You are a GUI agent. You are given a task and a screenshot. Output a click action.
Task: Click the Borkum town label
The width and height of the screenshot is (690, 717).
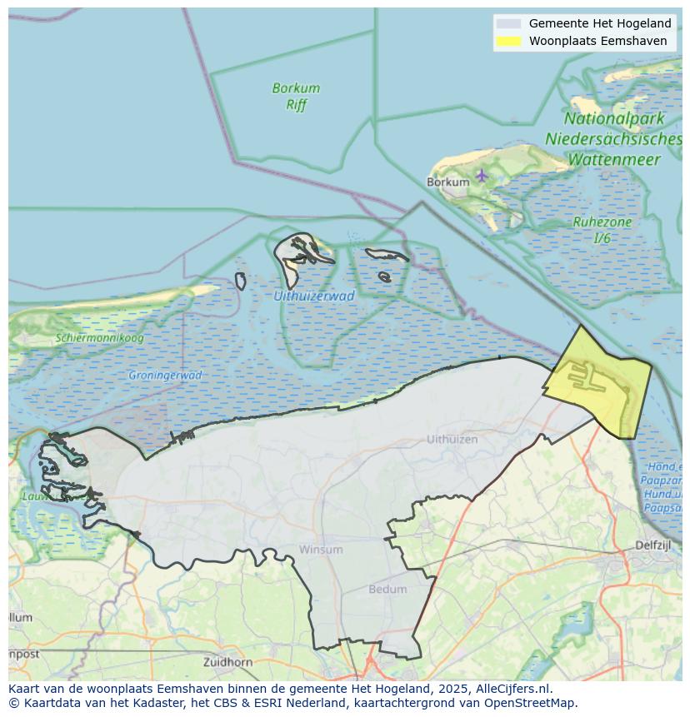[x=442, y=182]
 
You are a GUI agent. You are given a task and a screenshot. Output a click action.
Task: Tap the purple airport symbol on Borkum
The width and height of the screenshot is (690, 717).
[x=482, y=175]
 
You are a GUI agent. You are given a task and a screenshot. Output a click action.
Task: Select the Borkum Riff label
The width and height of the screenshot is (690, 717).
[x=296, y=96]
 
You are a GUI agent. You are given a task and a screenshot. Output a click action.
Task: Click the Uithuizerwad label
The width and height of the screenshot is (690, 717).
[x=313, y=296]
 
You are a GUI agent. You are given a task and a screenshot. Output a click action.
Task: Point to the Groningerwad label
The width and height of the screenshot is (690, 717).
[x=165, y=376]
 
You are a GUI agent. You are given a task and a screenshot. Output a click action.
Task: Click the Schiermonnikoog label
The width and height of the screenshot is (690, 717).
[x=100, y=338]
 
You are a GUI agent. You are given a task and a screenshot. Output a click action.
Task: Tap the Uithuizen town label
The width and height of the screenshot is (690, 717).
[x=452, y=439]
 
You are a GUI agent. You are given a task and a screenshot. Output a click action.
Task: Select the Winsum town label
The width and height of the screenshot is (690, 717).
[x=321, y=550]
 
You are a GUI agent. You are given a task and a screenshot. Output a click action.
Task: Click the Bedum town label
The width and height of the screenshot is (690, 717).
[x=387, y=589]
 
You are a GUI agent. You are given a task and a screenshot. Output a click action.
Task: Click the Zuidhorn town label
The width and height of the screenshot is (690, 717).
[x=227, y=662]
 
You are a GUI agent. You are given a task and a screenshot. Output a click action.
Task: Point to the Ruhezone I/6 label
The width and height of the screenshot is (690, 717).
[x=602, y=230]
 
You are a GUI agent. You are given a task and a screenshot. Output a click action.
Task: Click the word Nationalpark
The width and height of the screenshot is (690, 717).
[x=613, y=119]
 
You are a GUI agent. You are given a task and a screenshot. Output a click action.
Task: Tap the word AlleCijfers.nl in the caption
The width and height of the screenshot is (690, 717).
[x=513, y=689]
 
